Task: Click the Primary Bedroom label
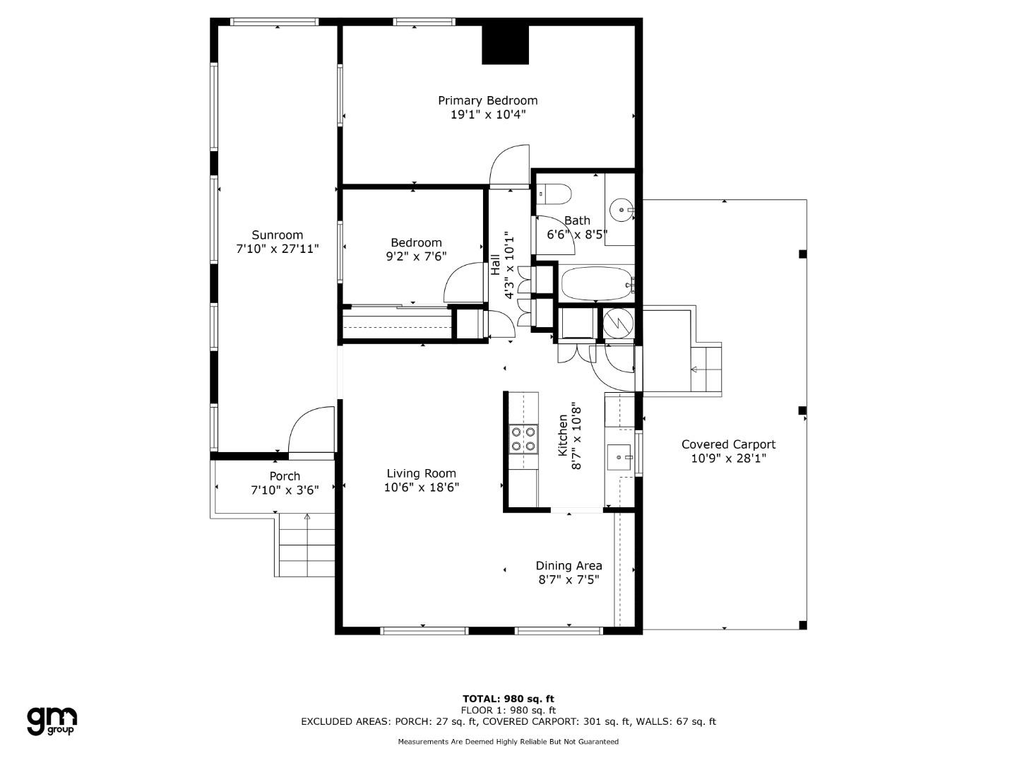point(487,100)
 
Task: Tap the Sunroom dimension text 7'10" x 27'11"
point(278,249)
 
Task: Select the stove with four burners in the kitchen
point(523,439)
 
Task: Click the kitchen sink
point(619,457)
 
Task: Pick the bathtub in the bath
point(597,283)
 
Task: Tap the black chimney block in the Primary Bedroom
point(505,45)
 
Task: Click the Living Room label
point(421,473)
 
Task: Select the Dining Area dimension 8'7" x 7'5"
point(569,579)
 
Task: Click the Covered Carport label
point(728,444)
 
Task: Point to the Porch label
point(285,476)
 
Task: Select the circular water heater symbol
point(619,323)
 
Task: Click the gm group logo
point(52,721)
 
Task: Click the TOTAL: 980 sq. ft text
point(509,699)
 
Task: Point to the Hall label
point(495,264)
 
